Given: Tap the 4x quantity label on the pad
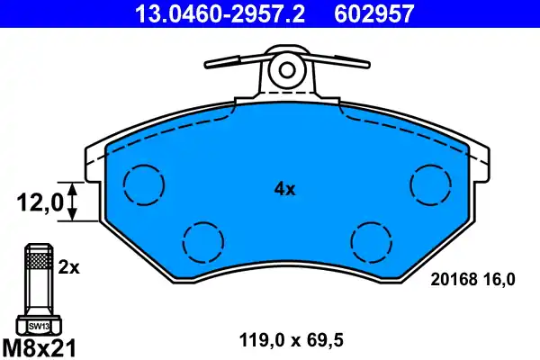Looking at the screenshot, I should (x=284, y=189).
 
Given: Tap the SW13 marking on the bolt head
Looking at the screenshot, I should (x=37, y=326).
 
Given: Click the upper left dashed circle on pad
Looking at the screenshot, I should (x=143, y=185).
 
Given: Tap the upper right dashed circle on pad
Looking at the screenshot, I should (x=429, y=185).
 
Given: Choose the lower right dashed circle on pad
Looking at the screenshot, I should (x=371, y=240).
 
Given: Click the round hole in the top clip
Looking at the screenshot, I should (x=285, y=68).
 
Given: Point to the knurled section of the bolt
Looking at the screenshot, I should (x=37, y=262).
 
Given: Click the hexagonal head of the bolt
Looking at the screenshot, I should (x=37, y=325).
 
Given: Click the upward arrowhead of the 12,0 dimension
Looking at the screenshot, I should (x=73, y=186).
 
